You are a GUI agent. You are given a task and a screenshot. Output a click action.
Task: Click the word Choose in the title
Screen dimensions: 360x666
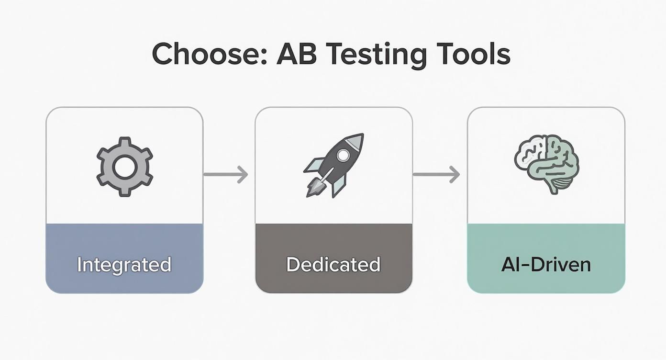pos(208,55)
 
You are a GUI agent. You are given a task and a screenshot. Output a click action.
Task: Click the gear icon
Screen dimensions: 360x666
pos(124,166)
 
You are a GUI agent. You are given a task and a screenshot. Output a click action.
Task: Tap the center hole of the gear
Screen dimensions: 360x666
pos(124,166)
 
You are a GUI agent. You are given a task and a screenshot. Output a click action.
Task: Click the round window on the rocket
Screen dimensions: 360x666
pos(343,155)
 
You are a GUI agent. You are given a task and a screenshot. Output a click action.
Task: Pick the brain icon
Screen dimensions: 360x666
pos(546,163)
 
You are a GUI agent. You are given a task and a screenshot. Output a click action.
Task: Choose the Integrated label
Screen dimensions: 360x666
pos(124,264)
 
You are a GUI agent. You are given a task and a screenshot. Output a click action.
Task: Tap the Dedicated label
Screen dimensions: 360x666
pos(333,264)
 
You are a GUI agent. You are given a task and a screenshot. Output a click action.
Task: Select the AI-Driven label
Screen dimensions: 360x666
pos(546,264)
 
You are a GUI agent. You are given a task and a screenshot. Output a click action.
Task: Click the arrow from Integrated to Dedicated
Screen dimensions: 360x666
pos(226,174)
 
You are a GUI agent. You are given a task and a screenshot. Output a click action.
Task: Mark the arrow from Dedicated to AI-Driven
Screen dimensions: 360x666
pos(436,174)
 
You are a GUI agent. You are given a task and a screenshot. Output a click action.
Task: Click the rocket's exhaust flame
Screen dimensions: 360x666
pos(313,189)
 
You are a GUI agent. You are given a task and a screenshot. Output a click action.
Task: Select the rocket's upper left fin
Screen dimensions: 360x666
pos(314,165)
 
